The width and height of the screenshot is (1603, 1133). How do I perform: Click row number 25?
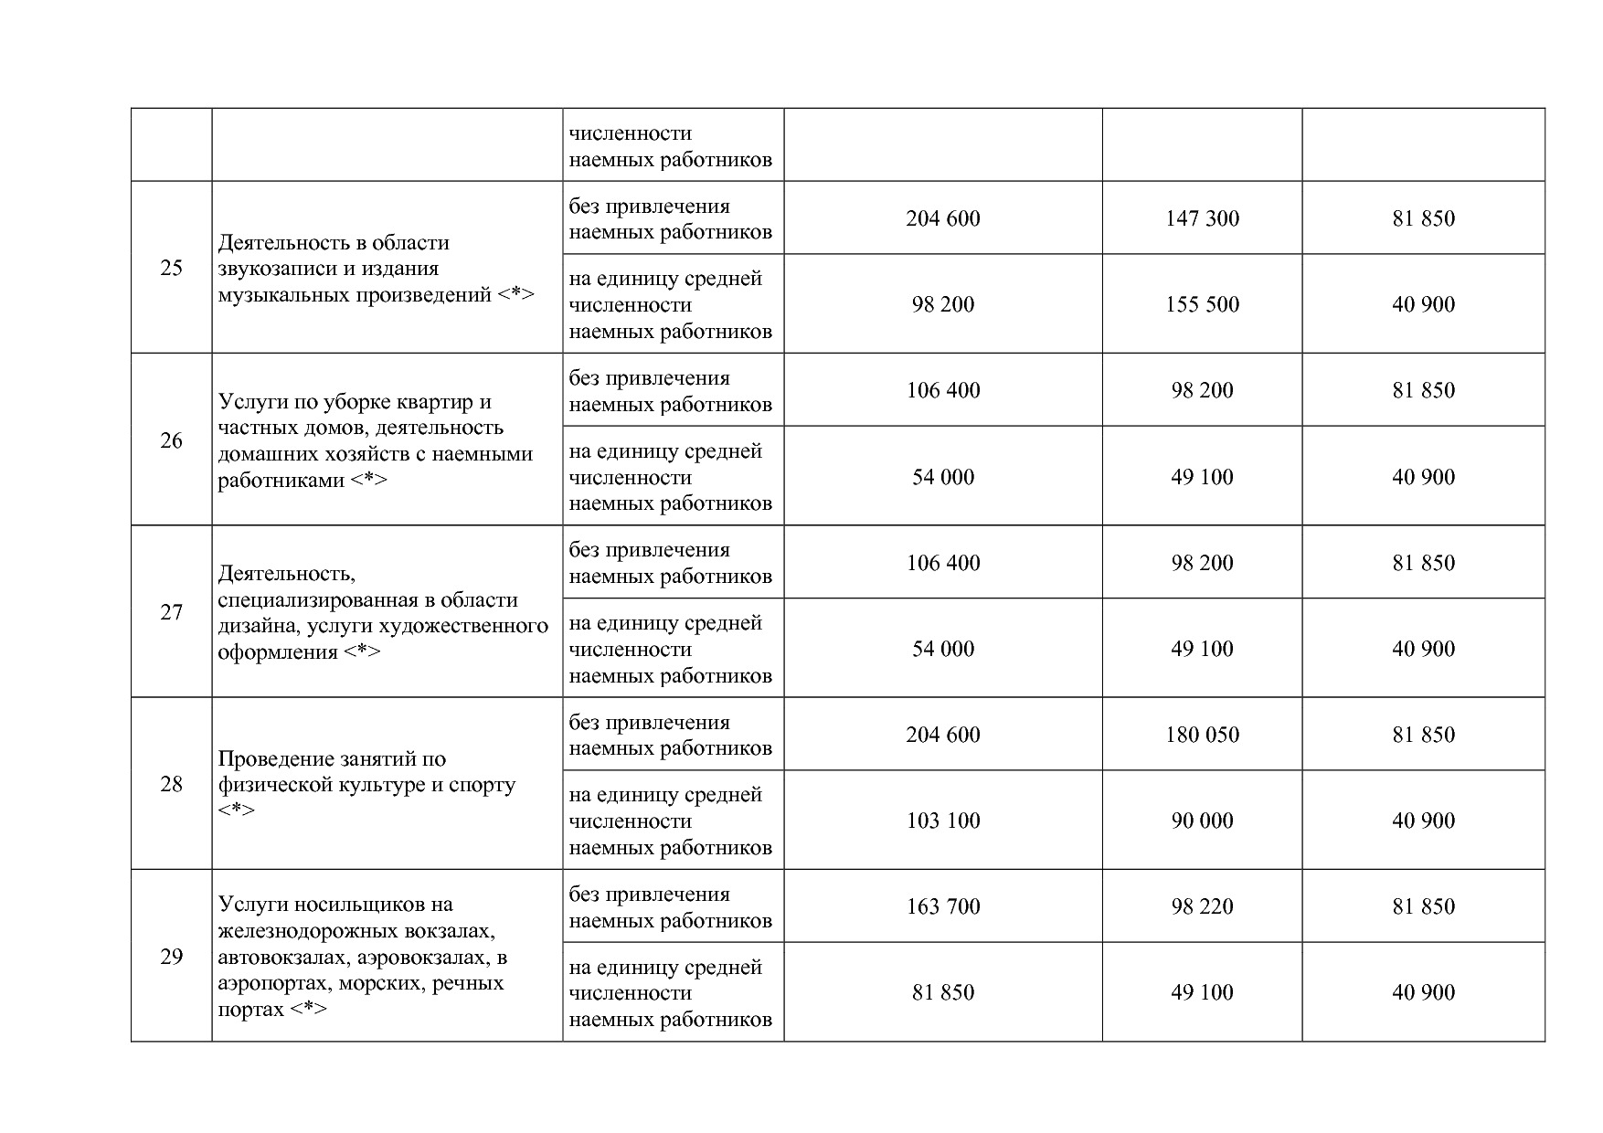[171, 269]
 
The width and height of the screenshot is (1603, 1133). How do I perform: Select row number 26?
[171, 440]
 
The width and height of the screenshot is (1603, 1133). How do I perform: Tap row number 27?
[171, 612]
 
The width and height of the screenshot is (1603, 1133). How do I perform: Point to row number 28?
[171, 784]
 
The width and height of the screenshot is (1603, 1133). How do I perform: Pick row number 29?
[171, 957]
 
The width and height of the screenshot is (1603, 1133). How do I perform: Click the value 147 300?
[1202, 218]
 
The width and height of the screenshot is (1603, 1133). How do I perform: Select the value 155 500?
[1202, 304]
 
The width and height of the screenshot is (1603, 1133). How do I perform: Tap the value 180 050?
[1202, 735]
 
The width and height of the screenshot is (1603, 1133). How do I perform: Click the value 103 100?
[942, 821]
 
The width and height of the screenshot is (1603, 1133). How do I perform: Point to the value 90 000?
[1202, 821]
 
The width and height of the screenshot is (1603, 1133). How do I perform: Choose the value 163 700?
[942, 906]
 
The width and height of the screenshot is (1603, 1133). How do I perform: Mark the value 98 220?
[1202, 906]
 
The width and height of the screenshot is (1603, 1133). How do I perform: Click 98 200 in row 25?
[942, 304]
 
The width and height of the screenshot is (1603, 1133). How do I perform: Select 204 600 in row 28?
[942, 735]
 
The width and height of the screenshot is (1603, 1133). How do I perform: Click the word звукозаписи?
[273, 270]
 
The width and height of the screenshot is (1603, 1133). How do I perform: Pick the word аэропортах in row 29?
[274, 984]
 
